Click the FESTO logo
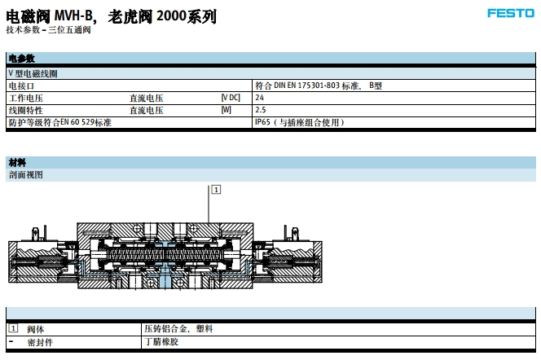pos(511,13)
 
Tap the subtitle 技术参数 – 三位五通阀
pos(48,29)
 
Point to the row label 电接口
pos(22,86)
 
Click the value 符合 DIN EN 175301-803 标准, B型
pos(318,86)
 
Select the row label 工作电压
pos(26,98)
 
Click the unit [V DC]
pos(231,98)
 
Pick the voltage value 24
pos(260,98)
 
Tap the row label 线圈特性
pos(26,110)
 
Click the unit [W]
pos(226,110)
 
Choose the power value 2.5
pos(261,110)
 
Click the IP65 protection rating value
pos(299,122)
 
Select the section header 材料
pos(17,162)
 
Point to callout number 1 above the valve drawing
pos(215,189)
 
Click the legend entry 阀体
pos(35,329)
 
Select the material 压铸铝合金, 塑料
pos(178,329)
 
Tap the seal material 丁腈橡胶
pos(161,342)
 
